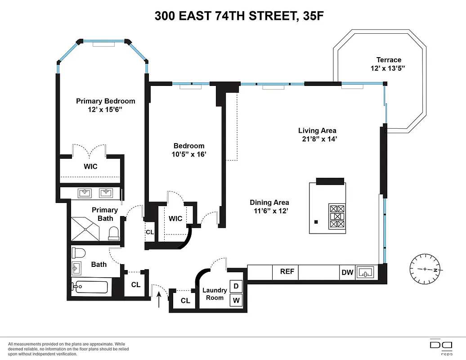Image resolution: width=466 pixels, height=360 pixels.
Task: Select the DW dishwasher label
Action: coord(347,272)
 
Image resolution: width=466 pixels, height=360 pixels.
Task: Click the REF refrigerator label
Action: coord(287,272)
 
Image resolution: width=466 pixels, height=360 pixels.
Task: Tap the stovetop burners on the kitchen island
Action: coord(337,216)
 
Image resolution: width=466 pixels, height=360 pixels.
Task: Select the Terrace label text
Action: coord(389,60)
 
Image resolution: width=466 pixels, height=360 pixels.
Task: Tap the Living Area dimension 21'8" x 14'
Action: coord(319,139)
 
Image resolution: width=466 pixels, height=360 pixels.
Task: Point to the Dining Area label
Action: coord(269,202)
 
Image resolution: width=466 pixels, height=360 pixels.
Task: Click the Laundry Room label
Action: coord(215,294)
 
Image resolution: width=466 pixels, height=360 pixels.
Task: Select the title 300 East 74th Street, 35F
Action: coord(233,16)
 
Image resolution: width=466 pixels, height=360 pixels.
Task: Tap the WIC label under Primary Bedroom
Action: coord(90,166)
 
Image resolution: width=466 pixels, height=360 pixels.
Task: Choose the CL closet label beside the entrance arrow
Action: coord(185,301)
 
